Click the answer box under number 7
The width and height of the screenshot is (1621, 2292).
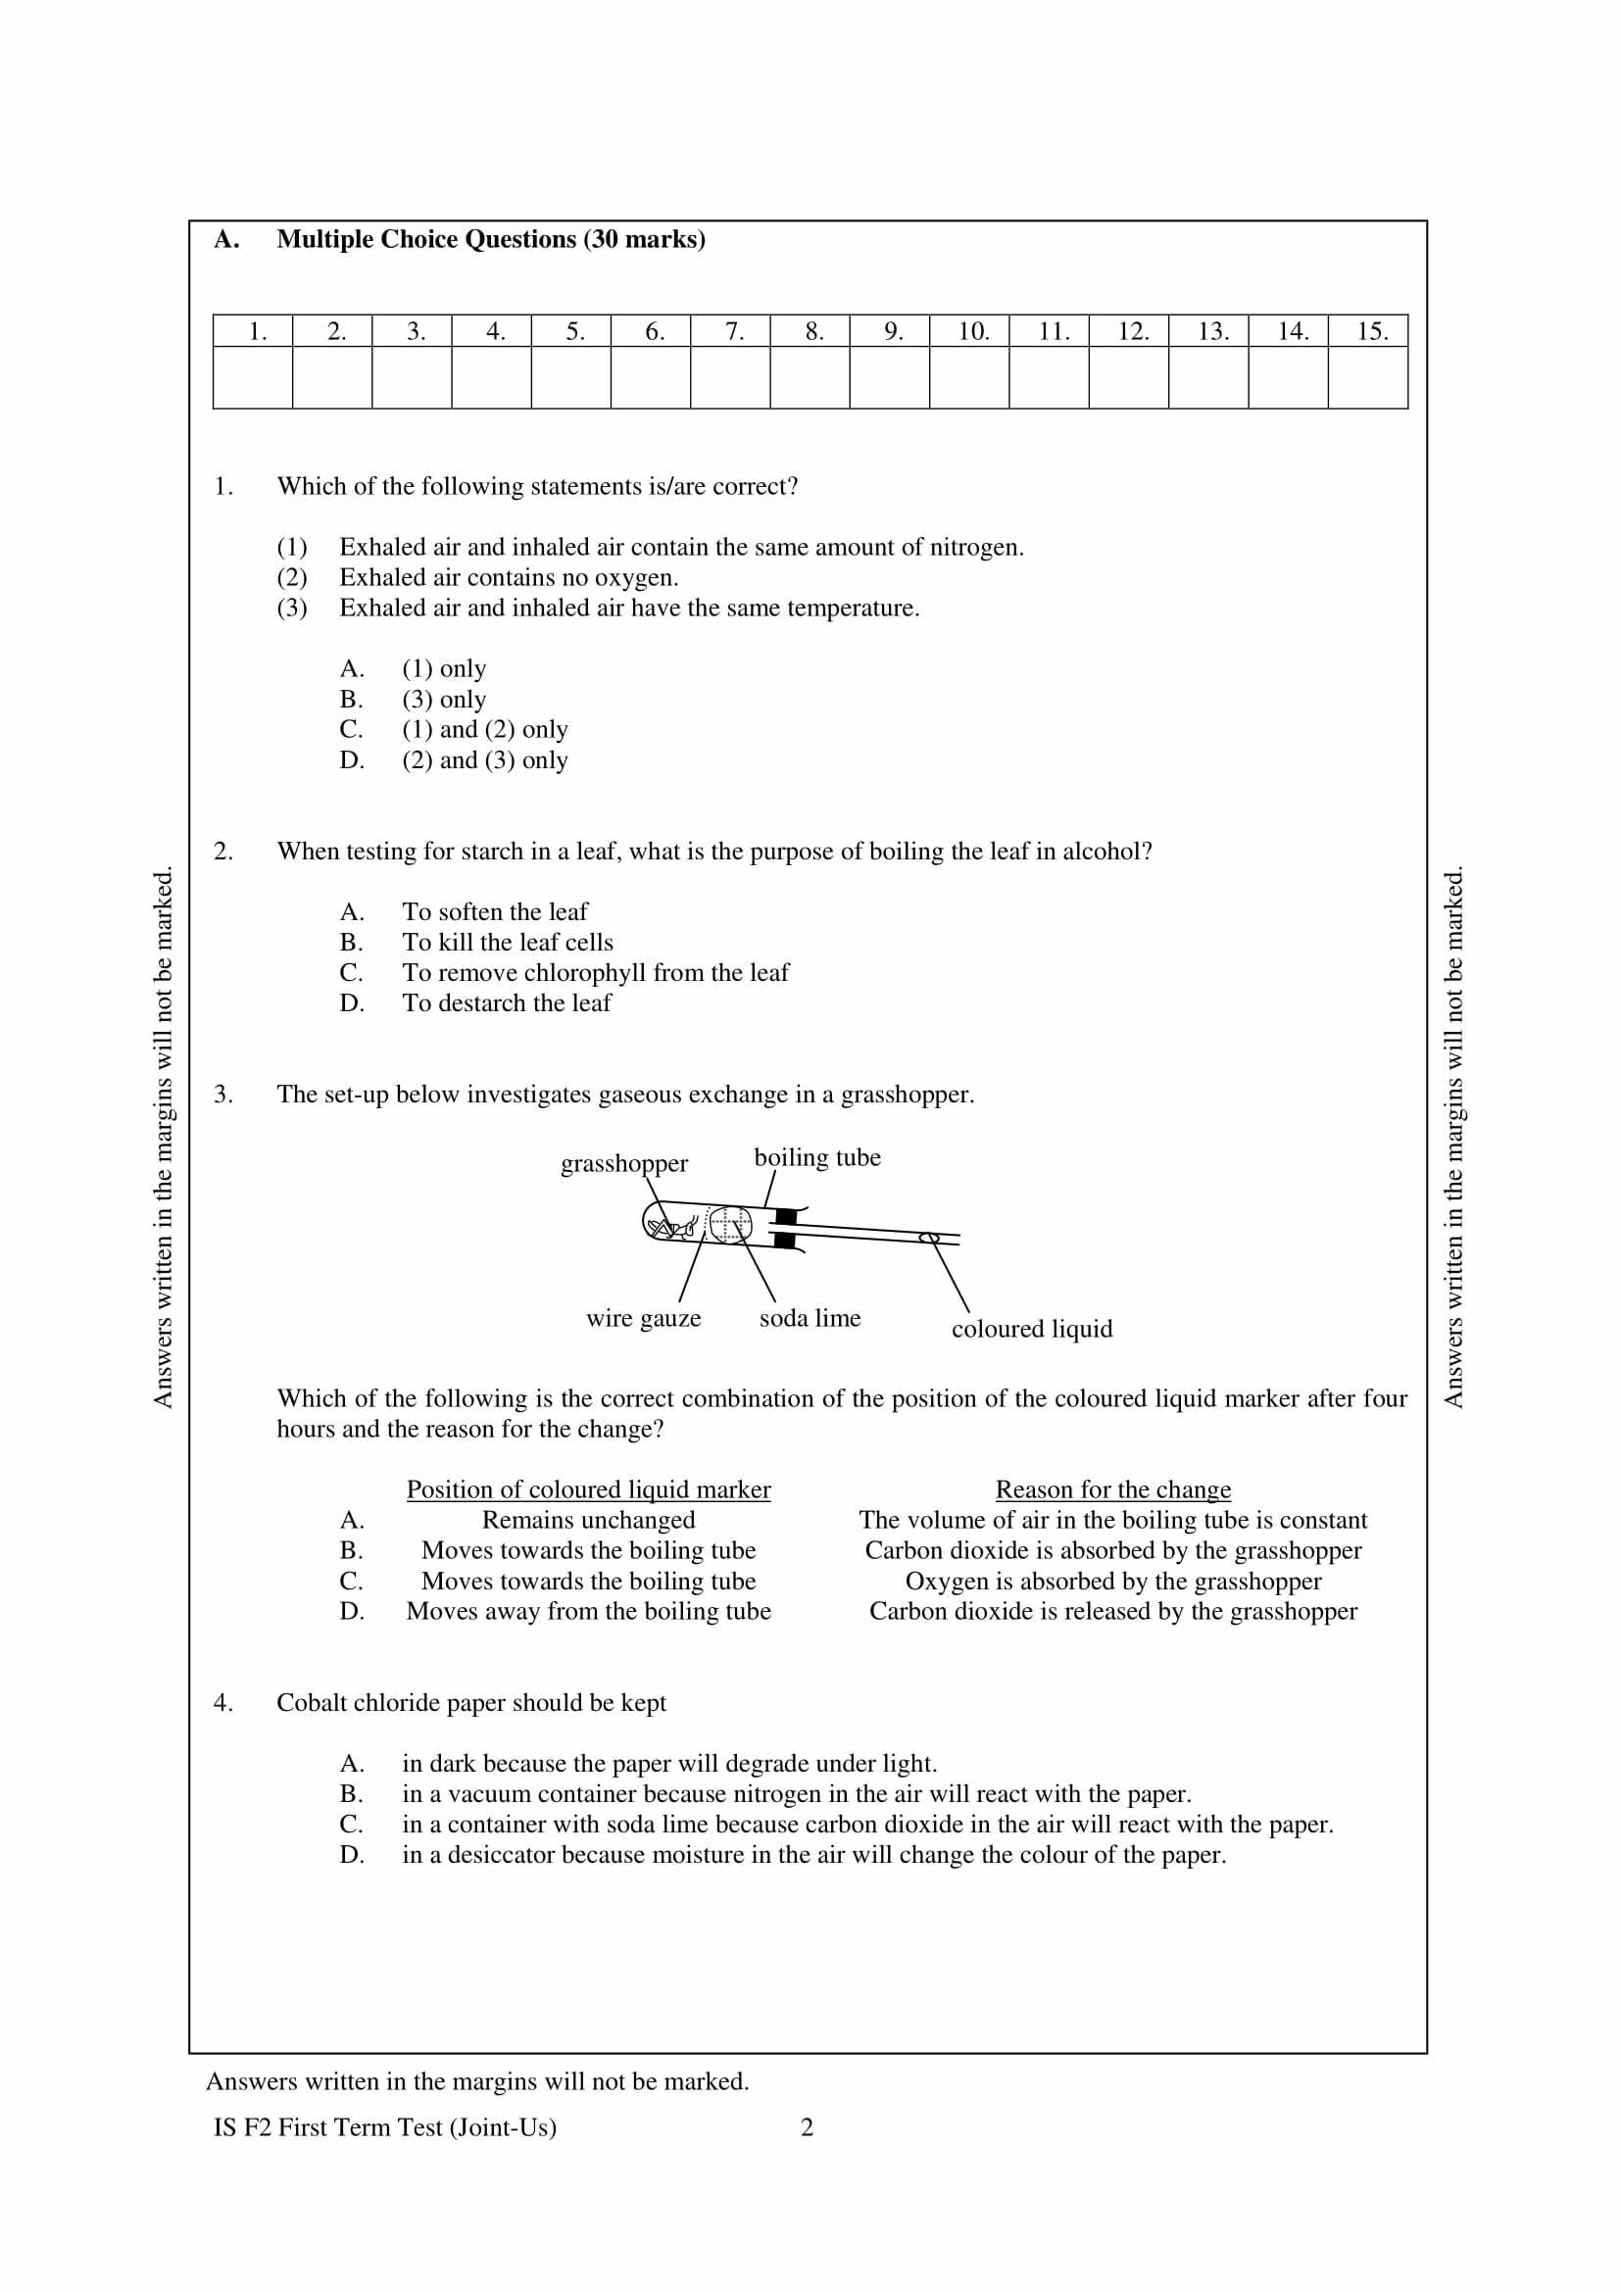[730, 377]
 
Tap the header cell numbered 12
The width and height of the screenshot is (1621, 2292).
[1128, 331]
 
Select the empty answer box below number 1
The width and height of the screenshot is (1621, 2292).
[253, 377]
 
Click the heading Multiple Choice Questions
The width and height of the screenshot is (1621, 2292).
[490, 239]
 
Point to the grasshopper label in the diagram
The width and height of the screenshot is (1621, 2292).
[624, 1164]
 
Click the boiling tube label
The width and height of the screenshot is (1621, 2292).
[816, 1158]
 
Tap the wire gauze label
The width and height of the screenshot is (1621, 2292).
[644, 1319]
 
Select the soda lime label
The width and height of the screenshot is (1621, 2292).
[810, 1319]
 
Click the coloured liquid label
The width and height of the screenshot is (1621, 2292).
[1031, 1330]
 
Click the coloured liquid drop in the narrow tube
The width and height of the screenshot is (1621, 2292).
[929, 1239]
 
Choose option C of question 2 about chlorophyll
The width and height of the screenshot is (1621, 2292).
[595, 973]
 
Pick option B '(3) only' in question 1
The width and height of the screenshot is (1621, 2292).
[444, 700]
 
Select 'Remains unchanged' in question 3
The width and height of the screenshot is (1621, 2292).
[588, 1521]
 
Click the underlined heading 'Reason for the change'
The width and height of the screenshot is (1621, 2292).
[1113, 1489]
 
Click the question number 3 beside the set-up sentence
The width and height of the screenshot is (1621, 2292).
[222, 1096]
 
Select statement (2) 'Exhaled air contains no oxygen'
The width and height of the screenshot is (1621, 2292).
[508, 578]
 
